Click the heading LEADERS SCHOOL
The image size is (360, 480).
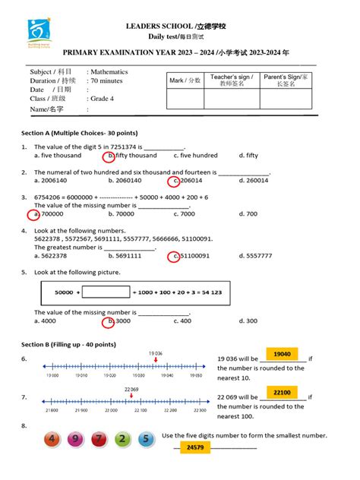[x=180, y=27]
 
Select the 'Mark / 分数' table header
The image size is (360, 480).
[x=185, y=79]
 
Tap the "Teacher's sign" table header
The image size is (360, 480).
[x=232, y=80]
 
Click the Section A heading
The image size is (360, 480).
[x=73, y=133]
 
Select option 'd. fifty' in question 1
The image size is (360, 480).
[x=248, y=155]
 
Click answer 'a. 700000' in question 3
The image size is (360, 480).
[x=48, y=214]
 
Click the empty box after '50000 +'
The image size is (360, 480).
[x=106, y=291]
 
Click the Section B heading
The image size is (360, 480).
[x=68, y=344]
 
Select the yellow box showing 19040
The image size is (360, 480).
[x=281, y=354]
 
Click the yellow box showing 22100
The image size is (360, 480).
[x=281, y=393]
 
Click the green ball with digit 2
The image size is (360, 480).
[x=122, y=439]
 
